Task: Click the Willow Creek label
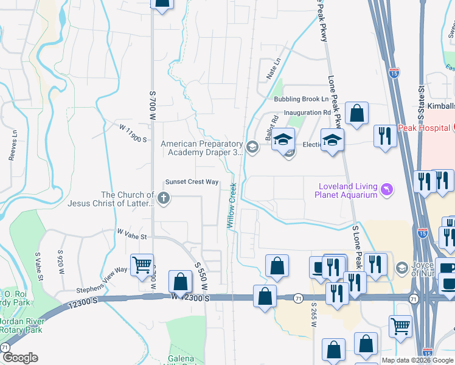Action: click(232, 204)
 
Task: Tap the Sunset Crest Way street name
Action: click(192, 182)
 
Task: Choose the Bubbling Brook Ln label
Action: click(300, 99)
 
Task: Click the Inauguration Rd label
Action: click(310, 113)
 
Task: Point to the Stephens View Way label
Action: click(102, 278)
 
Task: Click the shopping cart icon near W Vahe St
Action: click(142, 265)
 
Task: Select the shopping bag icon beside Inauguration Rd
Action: click(356, 113)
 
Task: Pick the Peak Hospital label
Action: click(423, 128)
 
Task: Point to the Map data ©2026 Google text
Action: click(417, 360)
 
